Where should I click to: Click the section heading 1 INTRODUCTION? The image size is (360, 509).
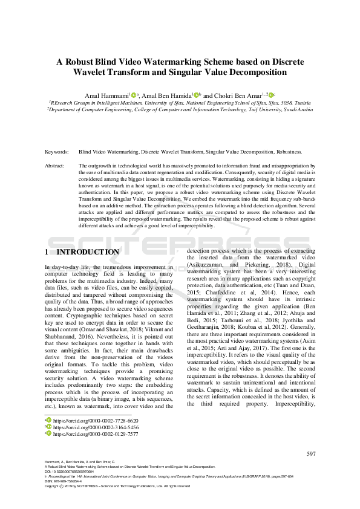(82, 251)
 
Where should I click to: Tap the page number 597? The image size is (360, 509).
(312, 453)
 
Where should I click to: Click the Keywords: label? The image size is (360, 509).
(56, 153)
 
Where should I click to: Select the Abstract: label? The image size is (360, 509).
(56, 166)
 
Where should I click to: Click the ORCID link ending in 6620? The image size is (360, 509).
(96, 420)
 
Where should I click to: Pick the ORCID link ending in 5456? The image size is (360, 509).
(96, 427)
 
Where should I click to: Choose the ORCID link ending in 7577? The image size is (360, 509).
(96, 433)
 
